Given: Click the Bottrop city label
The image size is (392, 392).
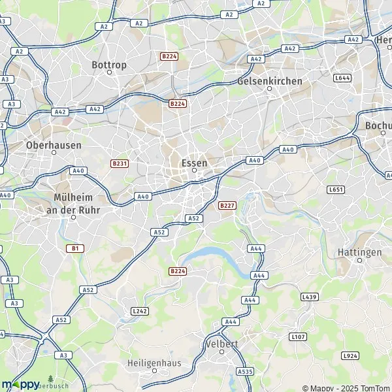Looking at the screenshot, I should [x=108, y=65].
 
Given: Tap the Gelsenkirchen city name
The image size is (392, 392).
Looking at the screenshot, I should [x=270, y=80].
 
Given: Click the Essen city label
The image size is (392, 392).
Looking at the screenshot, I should [x=193, y=162].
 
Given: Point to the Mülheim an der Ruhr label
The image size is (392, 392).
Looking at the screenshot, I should [x=73, y=203].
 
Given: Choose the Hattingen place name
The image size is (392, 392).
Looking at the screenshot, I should [x=360, y=252].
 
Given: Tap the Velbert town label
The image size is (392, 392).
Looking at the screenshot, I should [x=221, y=344].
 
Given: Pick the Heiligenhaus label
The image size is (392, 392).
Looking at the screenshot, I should [x=154, y=363].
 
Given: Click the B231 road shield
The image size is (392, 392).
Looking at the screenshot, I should [x=118, y=163].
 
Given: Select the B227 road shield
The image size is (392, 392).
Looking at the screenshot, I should [x=227, y=205].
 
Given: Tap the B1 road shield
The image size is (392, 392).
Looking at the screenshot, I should [x=74, y=248].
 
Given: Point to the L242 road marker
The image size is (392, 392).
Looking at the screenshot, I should [x=139, y=311].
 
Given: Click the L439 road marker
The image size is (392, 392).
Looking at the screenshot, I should [x=309, y=297].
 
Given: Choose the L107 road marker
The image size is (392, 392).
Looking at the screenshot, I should [x=297, y=336].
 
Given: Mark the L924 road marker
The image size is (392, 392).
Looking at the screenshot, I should [x=350, y=356].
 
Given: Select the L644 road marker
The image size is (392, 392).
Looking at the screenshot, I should [x=342, y=78].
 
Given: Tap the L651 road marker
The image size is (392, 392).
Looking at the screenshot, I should [x=335, y=189].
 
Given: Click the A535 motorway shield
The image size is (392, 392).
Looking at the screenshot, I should [x=245, y=371].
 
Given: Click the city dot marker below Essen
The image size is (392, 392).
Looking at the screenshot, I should [x=194, y=171].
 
